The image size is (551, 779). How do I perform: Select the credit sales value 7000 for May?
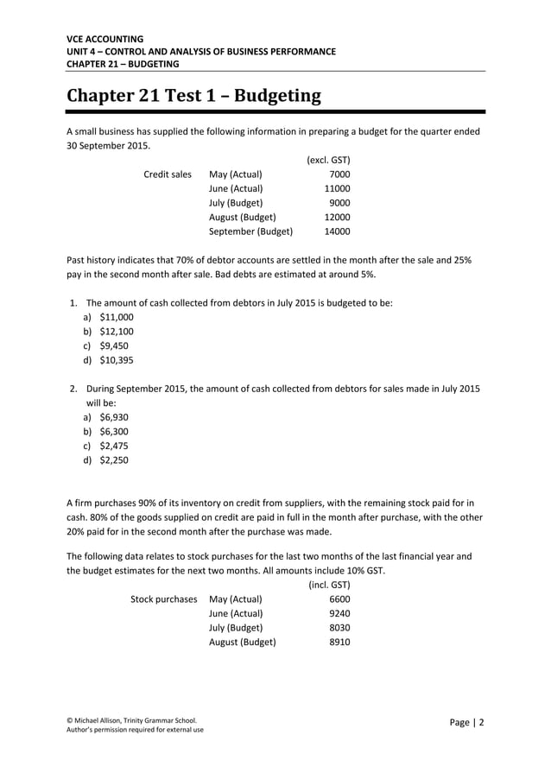(x=339, y=174)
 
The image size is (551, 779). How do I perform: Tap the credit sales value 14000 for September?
(x=336, y=231)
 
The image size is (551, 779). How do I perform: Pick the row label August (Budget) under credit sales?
(x=243, y=218)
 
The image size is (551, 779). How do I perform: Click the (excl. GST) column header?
(x=328, y=160)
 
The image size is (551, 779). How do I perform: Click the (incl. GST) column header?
(x=329, y=585)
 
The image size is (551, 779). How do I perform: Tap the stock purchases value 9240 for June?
(x=339, y=614)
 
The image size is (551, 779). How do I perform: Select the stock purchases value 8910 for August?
(x=339, y=643)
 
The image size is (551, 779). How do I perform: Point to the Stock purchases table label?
(x=163, y=599)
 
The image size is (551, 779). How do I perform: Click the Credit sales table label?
(x=168, y=174)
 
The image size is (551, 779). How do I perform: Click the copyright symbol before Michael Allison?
(x=70, y=719)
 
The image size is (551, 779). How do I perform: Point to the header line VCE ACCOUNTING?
(x=105, y=39)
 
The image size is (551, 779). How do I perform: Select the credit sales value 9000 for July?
(x=339, y=203)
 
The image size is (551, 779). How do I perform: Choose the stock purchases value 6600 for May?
(x=339, y=599)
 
